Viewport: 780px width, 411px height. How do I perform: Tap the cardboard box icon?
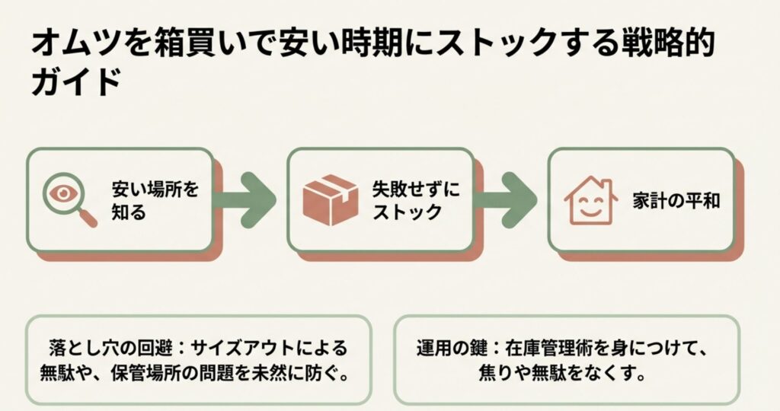click(x=330, y=199)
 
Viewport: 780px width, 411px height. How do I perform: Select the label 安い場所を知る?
click(x=155, y=199)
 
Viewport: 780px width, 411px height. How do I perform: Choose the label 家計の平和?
click(x=676, y=201)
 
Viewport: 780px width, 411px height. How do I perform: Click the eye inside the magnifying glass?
click(x=61, y=192)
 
